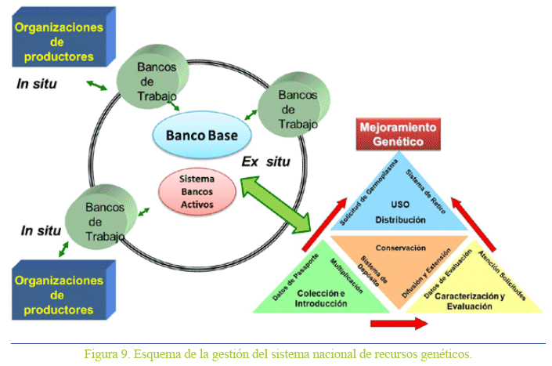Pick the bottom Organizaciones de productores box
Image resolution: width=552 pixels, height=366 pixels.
[63, 295]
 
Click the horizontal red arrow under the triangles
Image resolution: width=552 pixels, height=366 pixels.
[399, 322]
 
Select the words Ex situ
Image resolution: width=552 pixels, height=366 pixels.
[265, 163]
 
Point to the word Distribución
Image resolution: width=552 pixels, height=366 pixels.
[400, 219]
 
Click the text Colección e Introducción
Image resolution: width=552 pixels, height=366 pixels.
[322, 297]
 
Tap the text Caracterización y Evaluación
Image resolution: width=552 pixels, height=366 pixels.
[471, 302]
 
